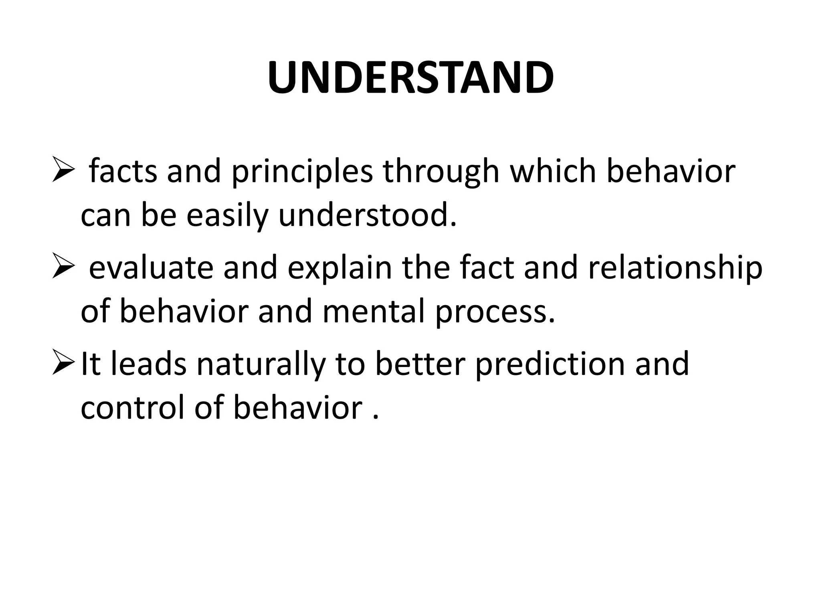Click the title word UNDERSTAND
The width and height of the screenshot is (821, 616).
(x=410, y=78)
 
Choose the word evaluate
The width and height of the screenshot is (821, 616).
(x=151, y=268)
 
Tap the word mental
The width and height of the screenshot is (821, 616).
(x=373, y=312)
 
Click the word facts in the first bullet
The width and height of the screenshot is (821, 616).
(x=123, y=171)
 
